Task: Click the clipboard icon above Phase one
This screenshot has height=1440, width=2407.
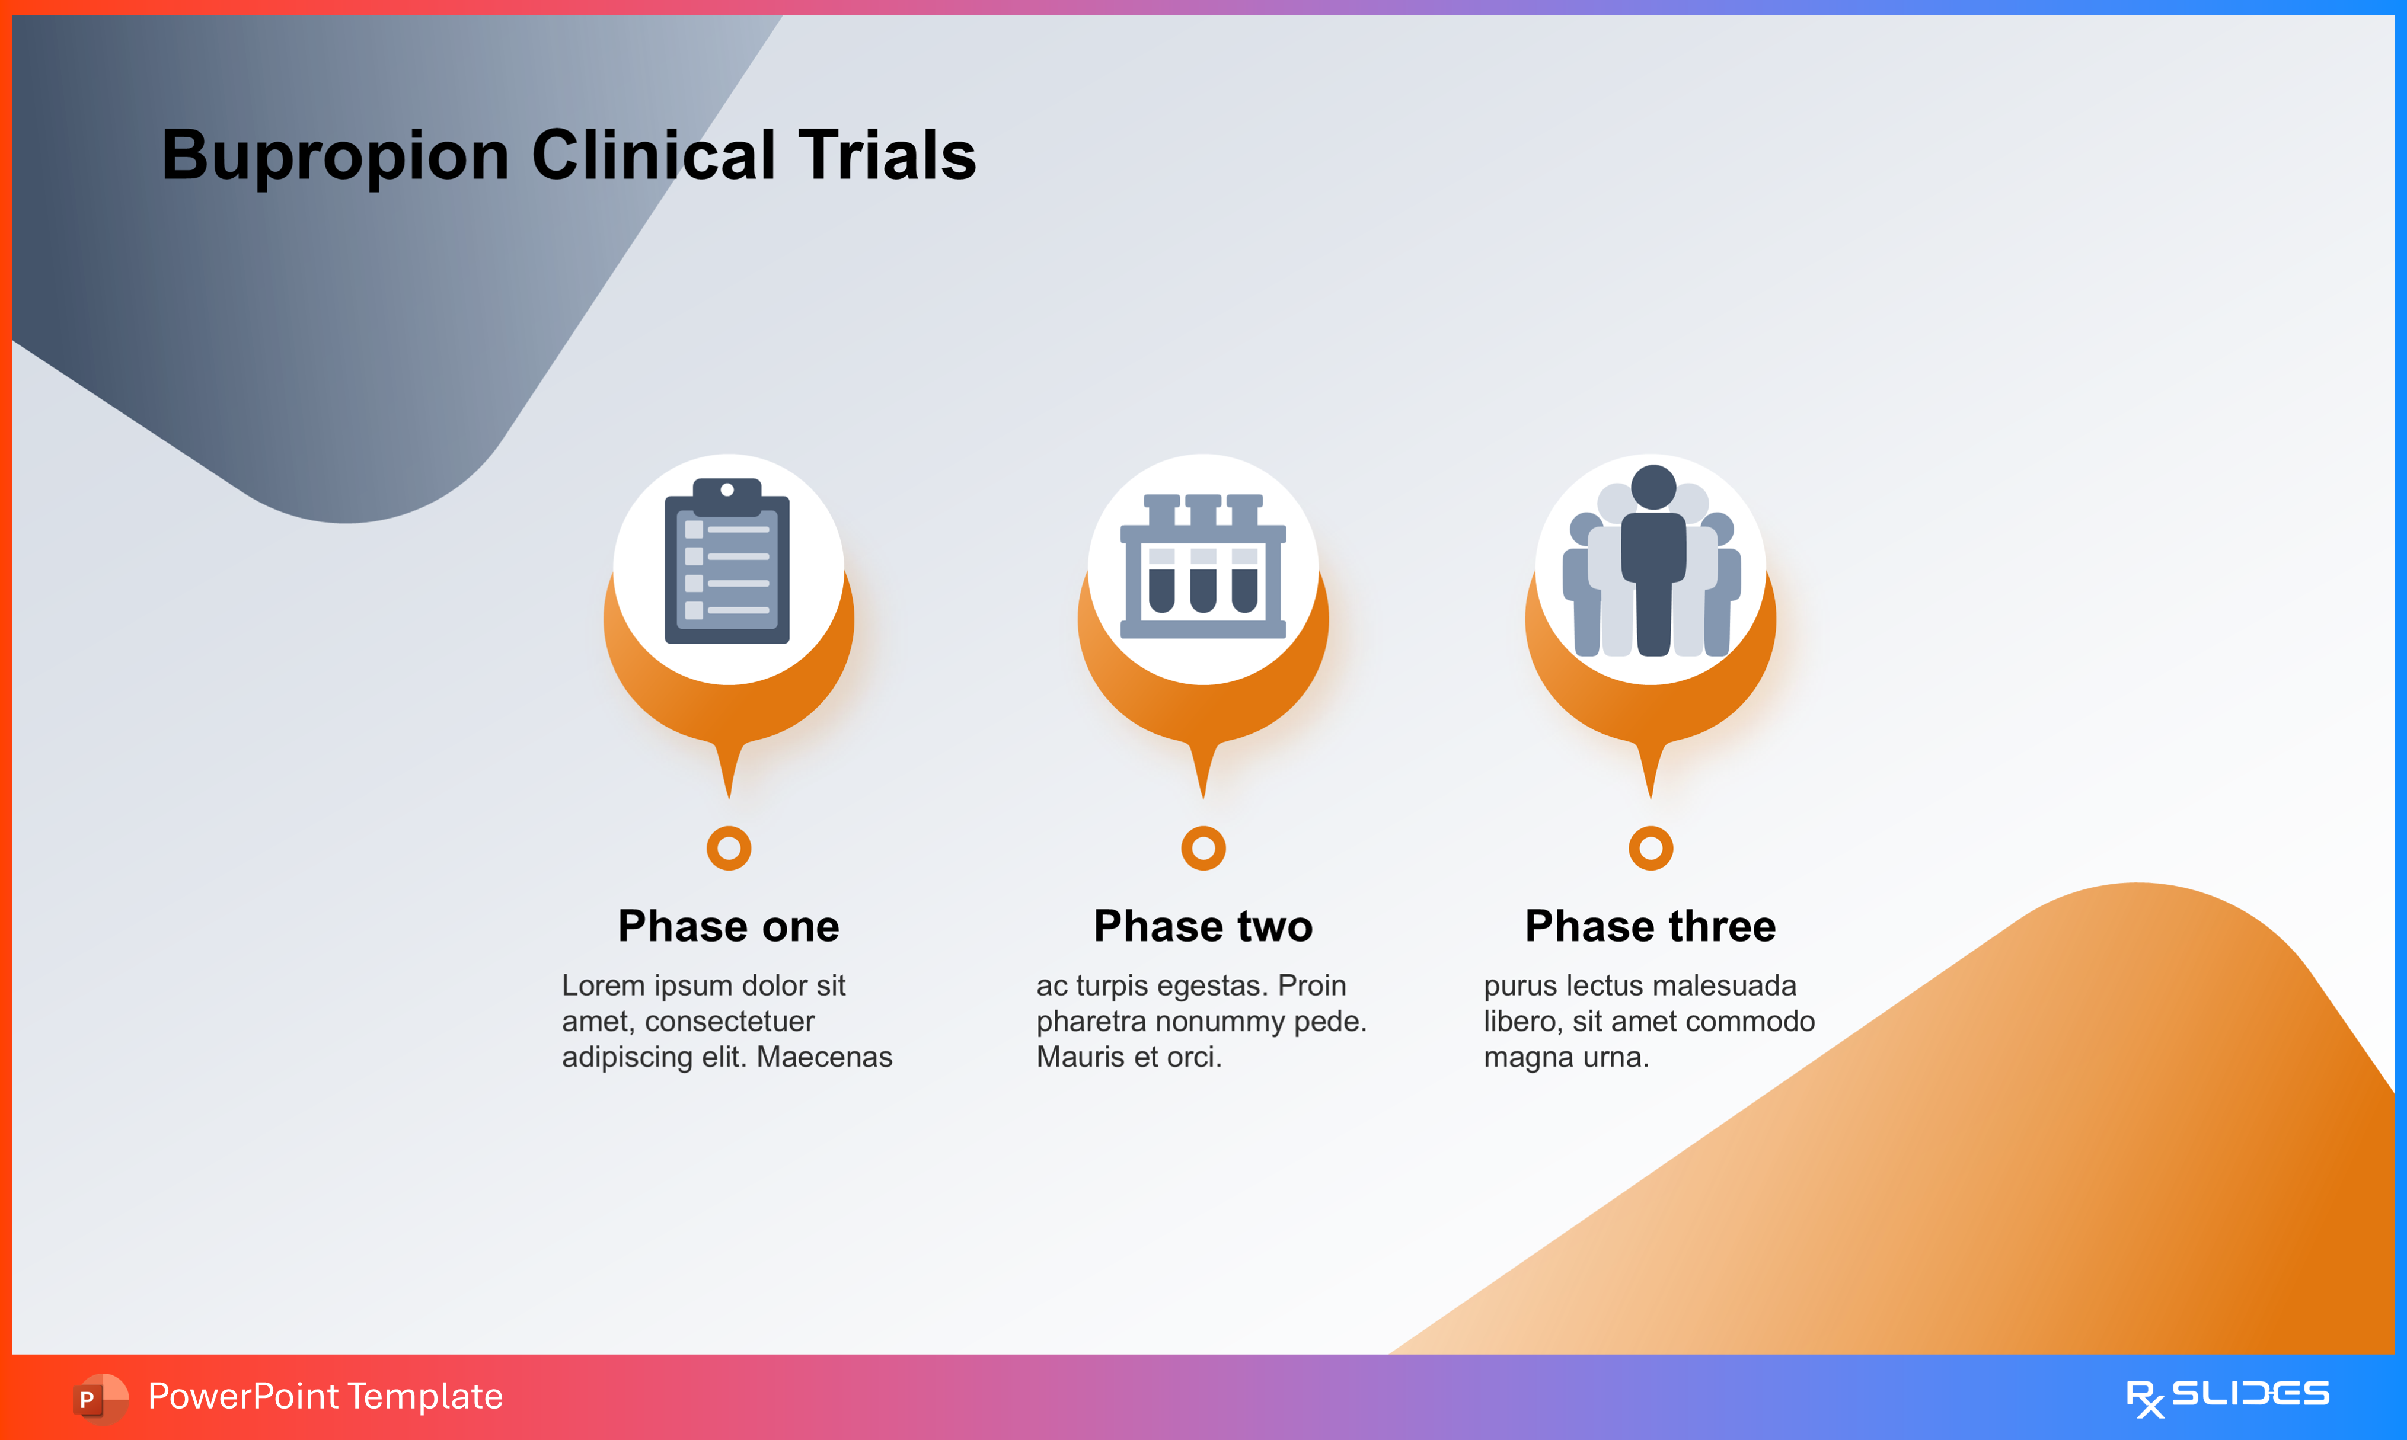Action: (727, 563)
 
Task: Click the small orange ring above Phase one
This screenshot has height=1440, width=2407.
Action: (729, 848)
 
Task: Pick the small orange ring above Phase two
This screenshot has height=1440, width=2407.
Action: (1203, 848)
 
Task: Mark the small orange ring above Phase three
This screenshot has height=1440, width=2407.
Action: (1651, 848)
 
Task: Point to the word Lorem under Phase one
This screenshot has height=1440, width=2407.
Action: (604, 986)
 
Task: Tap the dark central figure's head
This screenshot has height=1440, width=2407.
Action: (1653, 486)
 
